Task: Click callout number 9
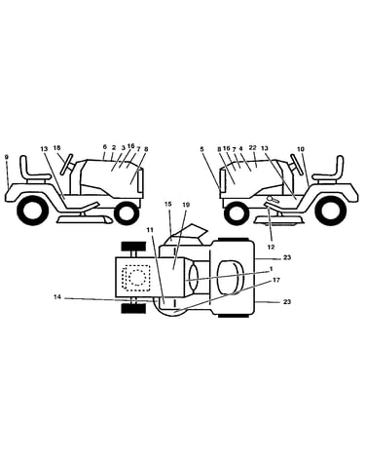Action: (x=7, y=157)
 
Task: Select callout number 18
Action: (x=56, y=148)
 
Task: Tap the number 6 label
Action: (x=105, y=147)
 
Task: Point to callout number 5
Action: (x=201, y=149)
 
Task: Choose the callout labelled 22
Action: (x=253, y=148)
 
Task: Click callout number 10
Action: (x=301, y=149)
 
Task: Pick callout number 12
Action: (x=271, y=248)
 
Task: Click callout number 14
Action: (x=57, y=296)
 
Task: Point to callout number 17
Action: (x=276, y=280)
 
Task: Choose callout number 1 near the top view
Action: (x=272, y=269)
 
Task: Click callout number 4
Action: (x=240, y=148)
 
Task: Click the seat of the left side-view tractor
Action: (x=33, y=171)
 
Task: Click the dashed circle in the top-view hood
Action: (x=137, y=277)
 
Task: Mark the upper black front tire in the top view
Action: (x=133, y=247)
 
